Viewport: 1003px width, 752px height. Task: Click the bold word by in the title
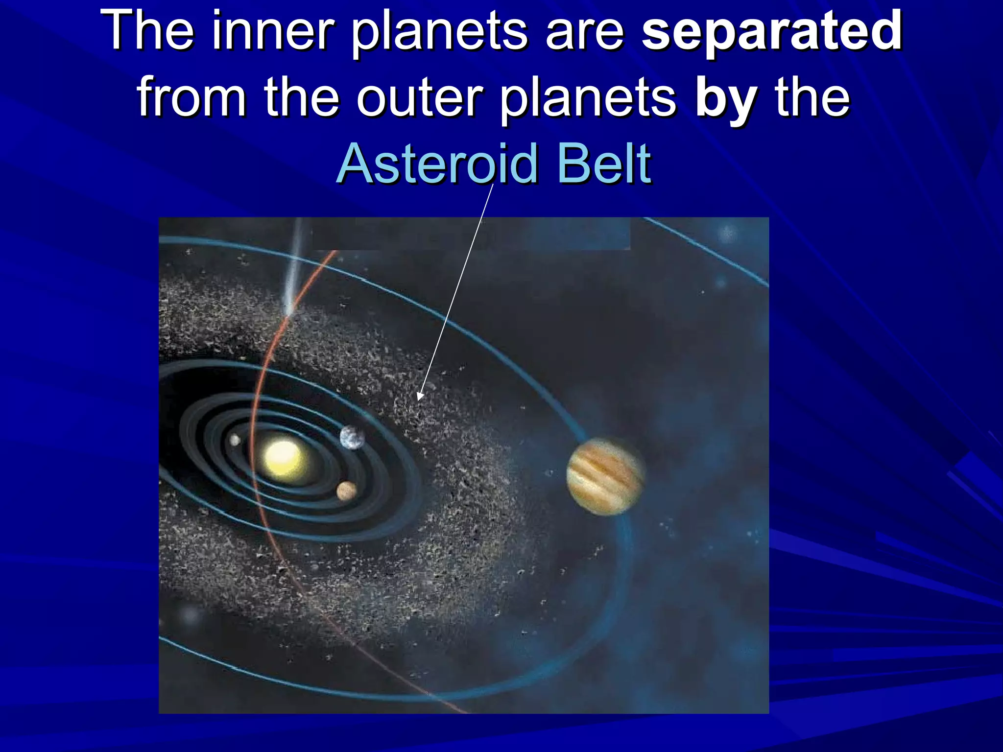tap(726, 98)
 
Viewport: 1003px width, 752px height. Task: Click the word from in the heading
tap(191, 98)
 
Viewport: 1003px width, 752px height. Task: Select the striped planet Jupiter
tap(605, 476)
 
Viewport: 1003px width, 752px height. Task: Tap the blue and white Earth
tap(353, 437)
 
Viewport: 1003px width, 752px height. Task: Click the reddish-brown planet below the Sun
tap(346, 491)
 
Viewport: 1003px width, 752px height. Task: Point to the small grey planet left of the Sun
tap(235, 440)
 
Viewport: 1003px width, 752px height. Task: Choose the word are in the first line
tap(585, 32)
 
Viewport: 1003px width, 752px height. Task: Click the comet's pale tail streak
tap(294, 264)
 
